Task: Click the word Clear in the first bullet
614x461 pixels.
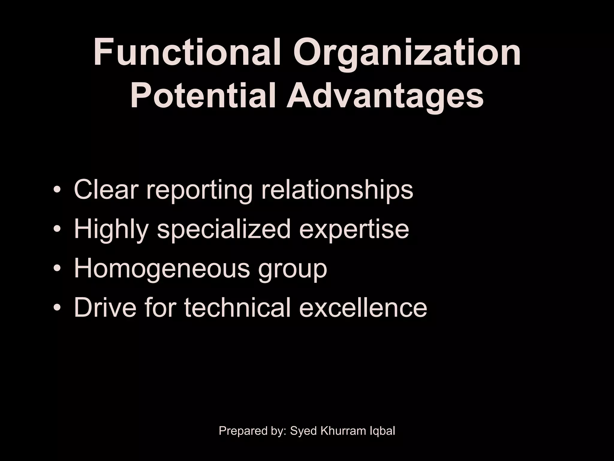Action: point(106,189)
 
